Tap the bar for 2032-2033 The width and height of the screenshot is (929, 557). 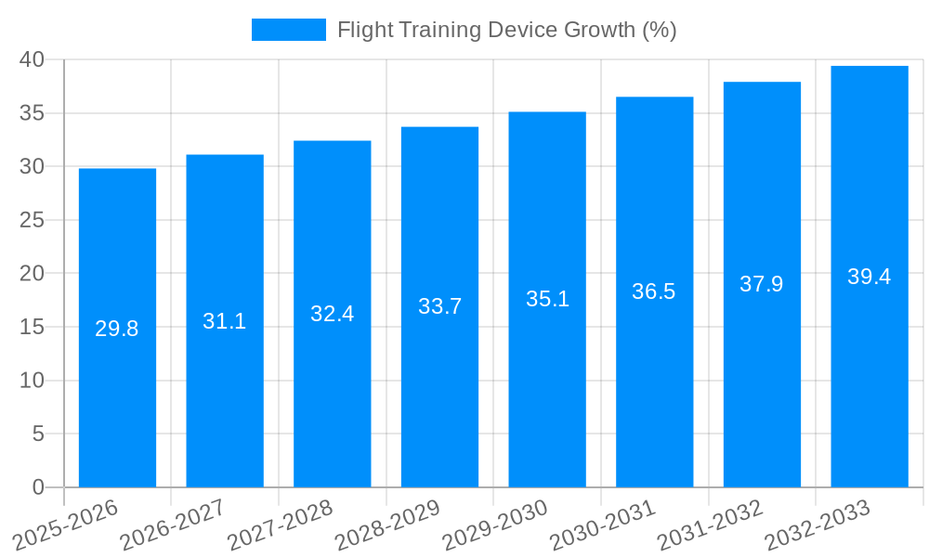pos(870,390)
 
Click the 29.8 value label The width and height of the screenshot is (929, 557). pos(117,329)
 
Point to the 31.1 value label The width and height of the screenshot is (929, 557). pos(225,321)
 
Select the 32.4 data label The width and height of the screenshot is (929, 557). pos(333,314)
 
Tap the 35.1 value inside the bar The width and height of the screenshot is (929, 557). pos(547,299)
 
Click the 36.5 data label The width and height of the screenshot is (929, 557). pos(654,291)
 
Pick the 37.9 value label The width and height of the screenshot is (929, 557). pos(762,284)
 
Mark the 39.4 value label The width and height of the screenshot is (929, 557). pos(870,277)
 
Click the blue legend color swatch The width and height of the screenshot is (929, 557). pos(288,30)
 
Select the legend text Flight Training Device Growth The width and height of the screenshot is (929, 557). pos(506,30)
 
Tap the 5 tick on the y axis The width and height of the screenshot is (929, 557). pos(38,434)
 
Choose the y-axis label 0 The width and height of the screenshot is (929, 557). pos(38,487)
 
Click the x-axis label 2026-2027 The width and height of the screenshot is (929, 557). pos(174,525)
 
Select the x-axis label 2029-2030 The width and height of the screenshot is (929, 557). pos(495,525)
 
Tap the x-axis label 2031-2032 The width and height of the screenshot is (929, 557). pos(710,525)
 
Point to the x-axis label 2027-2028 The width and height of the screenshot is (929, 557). pos(281,525)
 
